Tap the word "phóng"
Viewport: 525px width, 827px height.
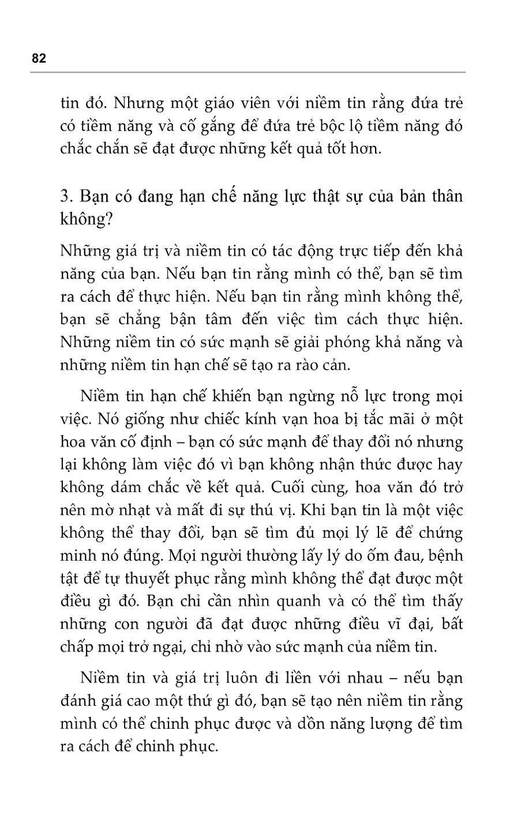pos(345,342)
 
